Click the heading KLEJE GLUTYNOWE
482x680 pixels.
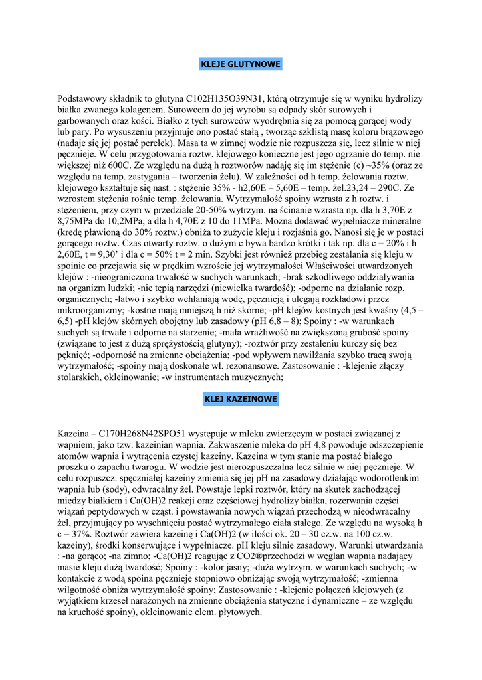[241, 64]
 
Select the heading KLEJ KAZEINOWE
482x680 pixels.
[241, 399]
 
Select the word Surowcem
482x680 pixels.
[193, 110]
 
